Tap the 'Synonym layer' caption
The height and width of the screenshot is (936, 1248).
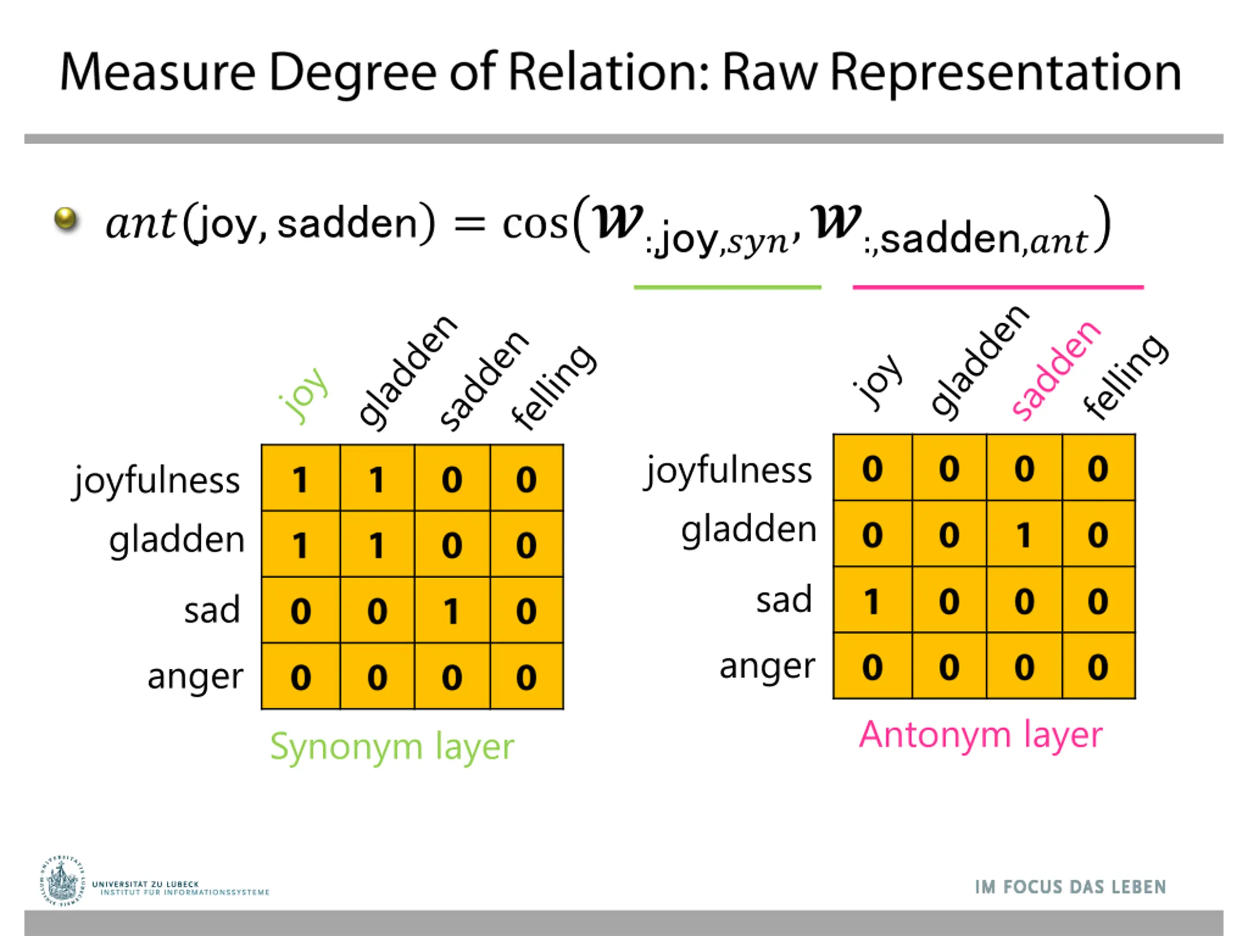[x=392, y=746]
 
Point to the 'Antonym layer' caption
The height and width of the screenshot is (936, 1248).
[x=980, y=735]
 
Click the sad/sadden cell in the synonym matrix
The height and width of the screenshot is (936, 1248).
[x=452, y=610]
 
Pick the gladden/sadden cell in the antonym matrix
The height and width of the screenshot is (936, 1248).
[x=1024, y=534]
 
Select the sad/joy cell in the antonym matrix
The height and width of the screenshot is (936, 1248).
[x=872, y=600]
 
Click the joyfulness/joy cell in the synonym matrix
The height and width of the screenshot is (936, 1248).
[x=300, y=479]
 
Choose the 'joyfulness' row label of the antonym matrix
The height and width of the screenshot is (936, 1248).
[x=728, y=470]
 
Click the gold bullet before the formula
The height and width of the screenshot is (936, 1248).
[x=66, y=218]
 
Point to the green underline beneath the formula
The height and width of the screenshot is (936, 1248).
[x=727, y=287]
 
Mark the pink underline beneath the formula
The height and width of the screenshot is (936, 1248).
[x=997, y=287]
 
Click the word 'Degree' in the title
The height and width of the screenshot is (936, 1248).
[x=352, y=73]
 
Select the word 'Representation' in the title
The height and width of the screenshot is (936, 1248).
[x=1005, y=73]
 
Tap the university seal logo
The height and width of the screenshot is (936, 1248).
[x=61, y=881]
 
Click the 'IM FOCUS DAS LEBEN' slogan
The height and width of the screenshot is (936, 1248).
[x=1070, y=887]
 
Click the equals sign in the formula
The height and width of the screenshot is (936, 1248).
[x=469, y=224]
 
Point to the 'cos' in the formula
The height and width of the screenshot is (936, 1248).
[x=534, y=224]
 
